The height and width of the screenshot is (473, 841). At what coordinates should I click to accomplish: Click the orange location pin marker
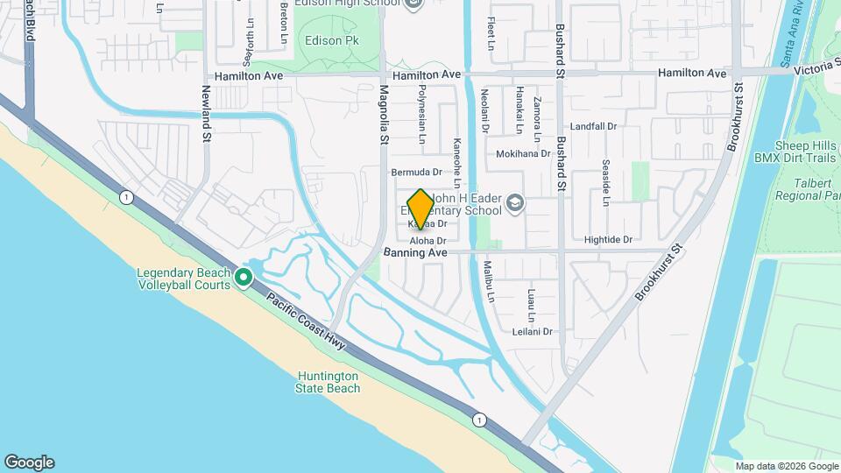click(x=420, y=208)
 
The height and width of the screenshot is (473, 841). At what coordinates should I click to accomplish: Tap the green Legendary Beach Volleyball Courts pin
click(x=244, y=279)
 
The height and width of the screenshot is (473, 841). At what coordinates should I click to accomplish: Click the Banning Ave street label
click(x=415, y=253)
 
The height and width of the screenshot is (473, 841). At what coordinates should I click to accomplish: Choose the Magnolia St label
click(x=383, y=115)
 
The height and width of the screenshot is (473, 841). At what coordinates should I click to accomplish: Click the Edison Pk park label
click(x=326, y=41)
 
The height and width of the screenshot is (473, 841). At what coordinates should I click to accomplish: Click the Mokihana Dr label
click(x=522, y=152)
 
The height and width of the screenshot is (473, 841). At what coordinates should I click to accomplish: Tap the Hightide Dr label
click(x=607, y=239)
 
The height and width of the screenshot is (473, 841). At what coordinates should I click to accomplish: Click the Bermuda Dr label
click(x=416, y=172)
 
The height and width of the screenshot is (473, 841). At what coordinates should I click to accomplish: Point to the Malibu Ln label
click(x=491, y=286)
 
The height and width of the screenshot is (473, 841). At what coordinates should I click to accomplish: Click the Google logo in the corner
click(x=29, y=462)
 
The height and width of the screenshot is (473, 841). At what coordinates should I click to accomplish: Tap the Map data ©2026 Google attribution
click(x=786, y=465)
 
